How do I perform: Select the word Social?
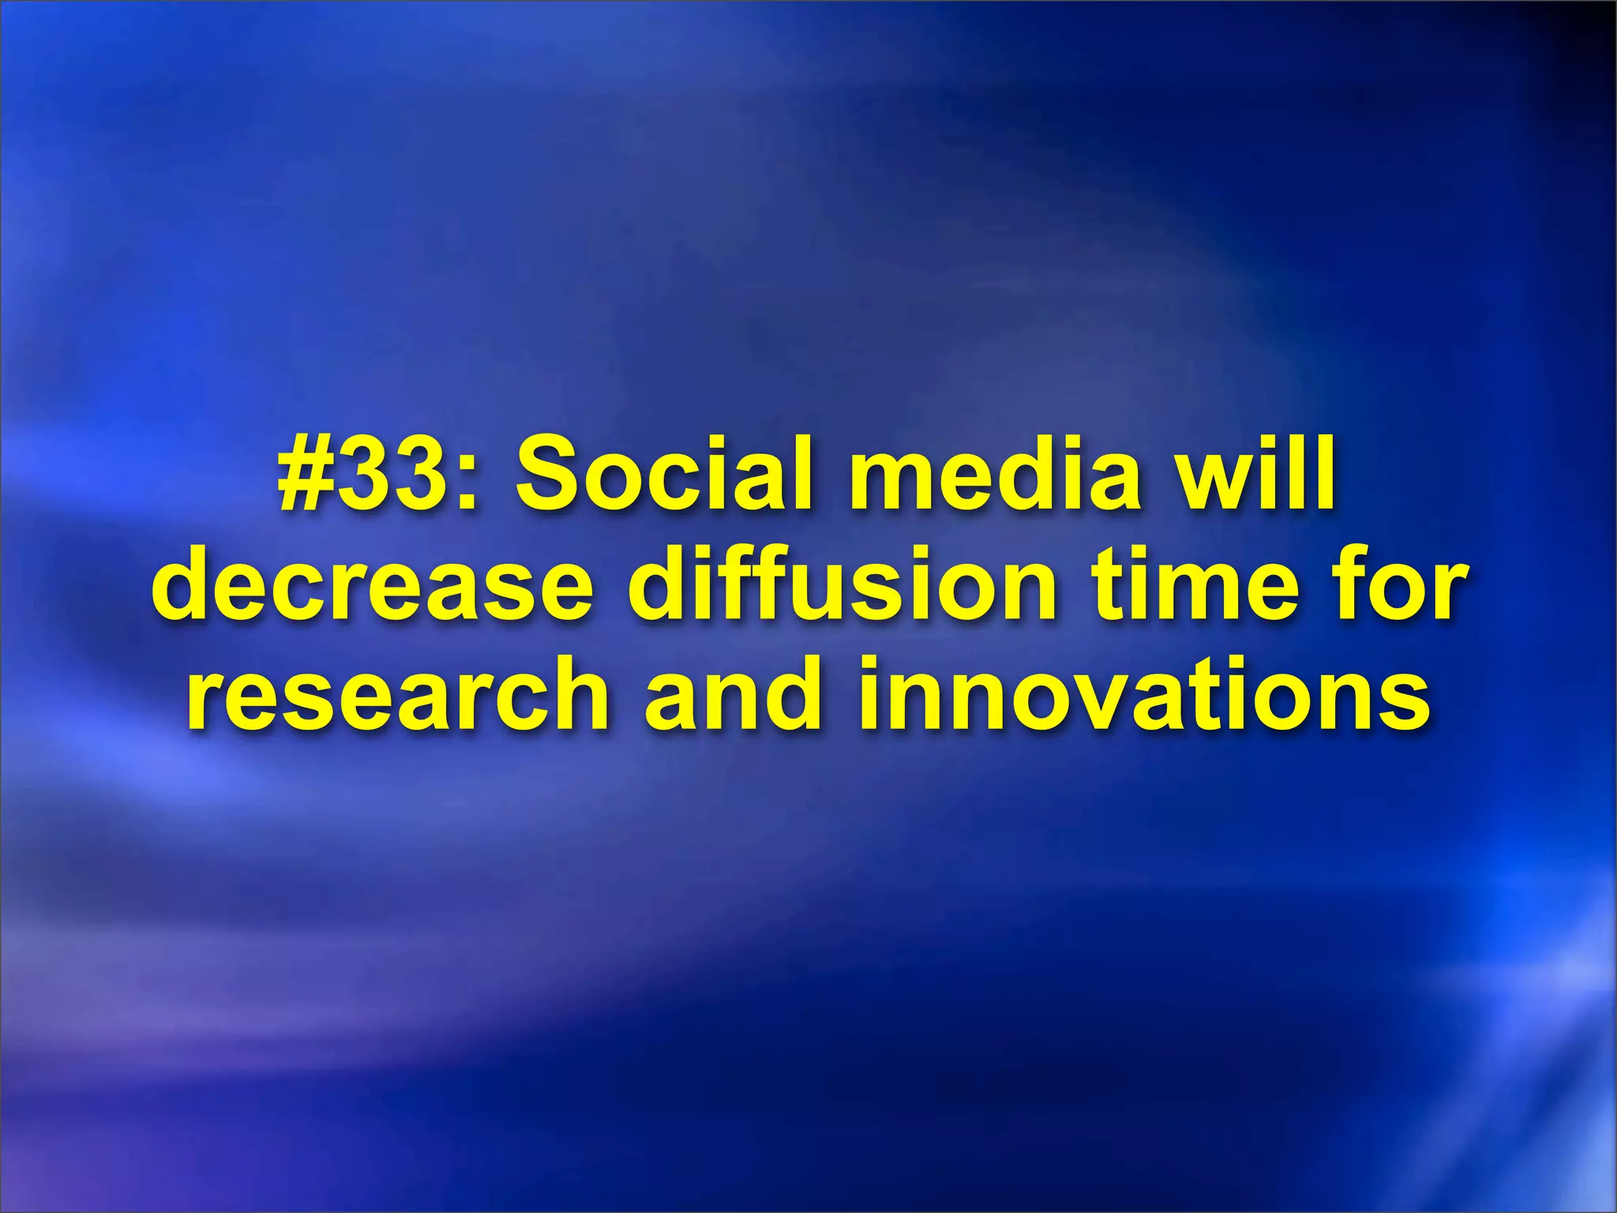point(664,477)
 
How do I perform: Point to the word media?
point(995,477)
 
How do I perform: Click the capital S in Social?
point(552,477)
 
